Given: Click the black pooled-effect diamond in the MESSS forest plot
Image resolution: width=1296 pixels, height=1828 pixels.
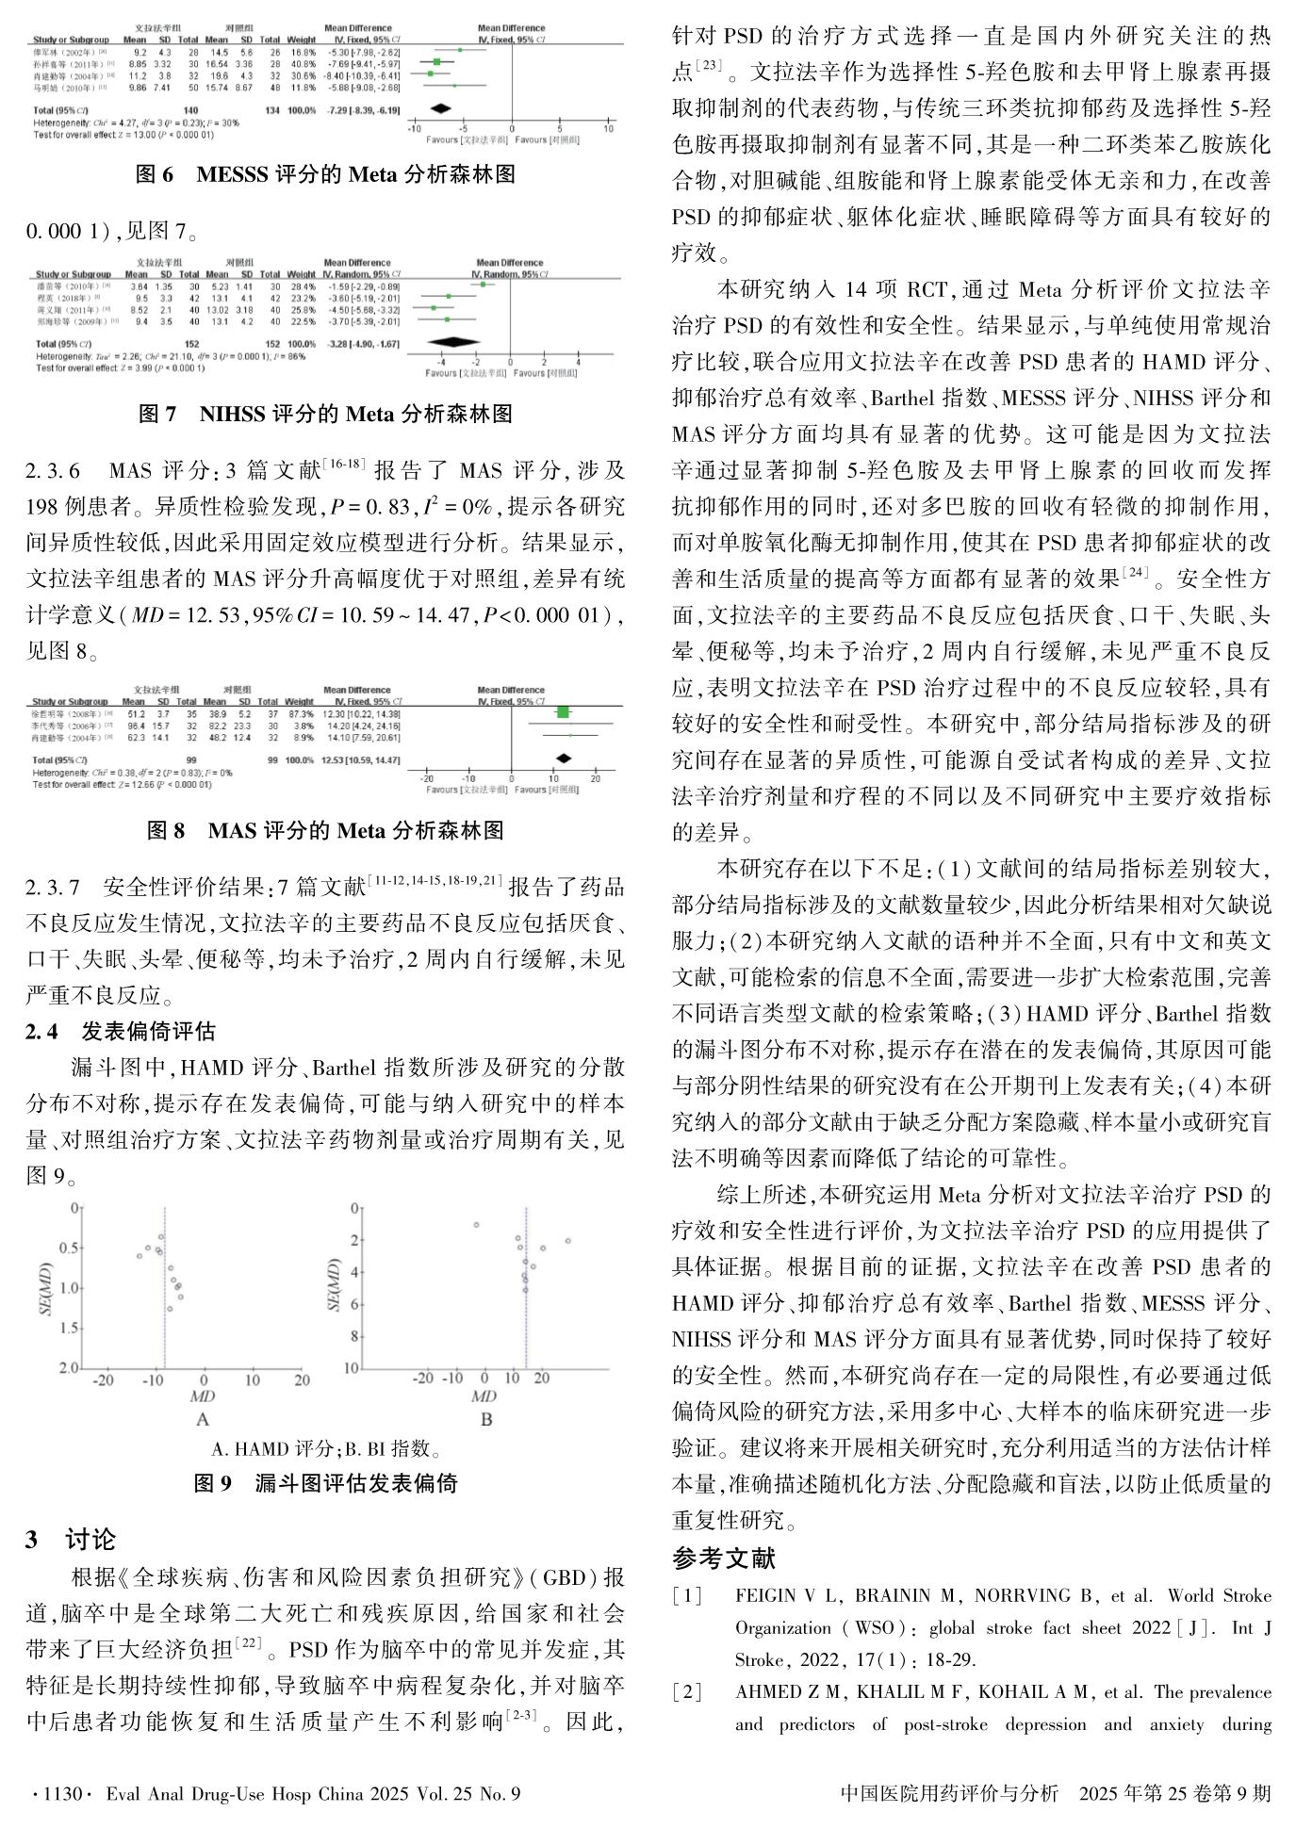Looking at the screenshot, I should (439, 109).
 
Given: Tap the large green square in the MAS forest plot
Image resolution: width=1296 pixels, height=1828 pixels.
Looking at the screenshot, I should (564, 713).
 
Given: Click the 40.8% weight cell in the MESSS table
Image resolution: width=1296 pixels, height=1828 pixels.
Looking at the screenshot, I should (302, 64).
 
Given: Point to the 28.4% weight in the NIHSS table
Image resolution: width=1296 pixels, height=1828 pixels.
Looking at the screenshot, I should (303, 286).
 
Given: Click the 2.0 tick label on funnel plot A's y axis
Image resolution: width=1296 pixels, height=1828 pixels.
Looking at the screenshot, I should (69, 1367).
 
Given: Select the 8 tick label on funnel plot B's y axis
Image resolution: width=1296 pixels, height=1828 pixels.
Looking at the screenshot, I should (355, 1336).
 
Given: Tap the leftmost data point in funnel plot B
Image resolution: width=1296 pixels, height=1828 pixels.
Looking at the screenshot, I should (477, 1224).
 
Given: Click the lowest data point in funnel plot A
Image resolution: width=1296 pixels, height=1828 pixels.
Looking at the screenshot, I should (170, 1309).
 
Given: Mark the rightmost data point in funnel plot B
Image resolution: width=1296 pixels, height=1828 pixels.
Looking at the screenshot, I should (568, 1241).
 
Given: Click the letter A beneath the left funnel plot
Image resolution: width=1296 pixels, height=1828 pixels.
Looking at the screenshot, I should (202, 1418).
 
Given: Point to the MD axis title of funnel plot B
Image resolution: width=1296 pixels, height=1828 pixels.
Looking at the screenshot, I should (484, 1395).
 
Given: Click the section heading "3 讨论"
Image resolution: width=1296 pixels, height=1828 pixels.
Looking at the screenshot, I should (71, 1540).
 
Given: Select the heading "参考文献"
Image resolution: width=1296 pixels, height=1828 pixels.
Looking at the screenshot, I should (723, 1558).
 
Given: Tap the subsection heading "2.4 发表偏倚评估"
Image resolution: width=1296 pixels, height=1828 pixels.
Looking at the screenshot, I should (121, 1031).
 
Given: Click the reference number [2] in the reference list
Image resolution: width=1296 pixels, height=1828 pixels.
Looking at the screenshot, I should (687, 1692).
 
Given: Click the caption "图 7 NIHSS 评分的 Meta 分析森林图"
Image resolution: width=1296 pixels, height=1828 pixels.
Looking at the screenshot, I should (325, 413).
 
